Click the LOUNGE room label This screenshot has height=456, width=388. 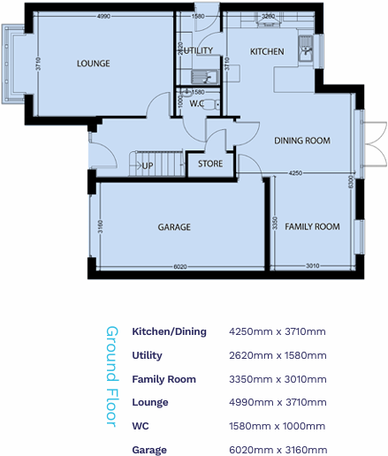point(93,64)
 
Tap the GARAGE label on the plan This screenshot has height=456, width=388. point(174,227)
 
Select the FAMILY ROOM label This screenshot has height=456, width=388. point(312,227)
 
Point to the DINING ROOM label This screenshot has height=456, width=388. point(302,141)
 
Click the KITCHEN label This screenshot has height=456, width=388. point(267,52)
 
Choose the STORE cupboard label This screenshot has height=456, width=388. point(210,163)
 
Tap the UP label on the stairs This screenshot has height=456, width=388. point(148,165)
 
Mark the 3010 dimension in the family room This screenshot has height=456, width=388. point(312,265)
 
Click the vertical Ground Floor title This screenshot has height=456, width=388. point(112,376)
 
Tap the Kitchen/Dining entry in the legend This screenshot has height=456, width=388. point(169,331)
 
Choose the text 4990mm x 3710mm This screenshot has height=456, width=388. point(278,402)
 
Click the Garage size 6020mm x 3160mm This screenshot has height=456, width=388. point(278,450)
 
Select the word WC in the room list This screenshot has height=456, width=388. point(140,426)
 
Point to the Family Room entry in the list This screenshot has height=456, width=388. point(164,379)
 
